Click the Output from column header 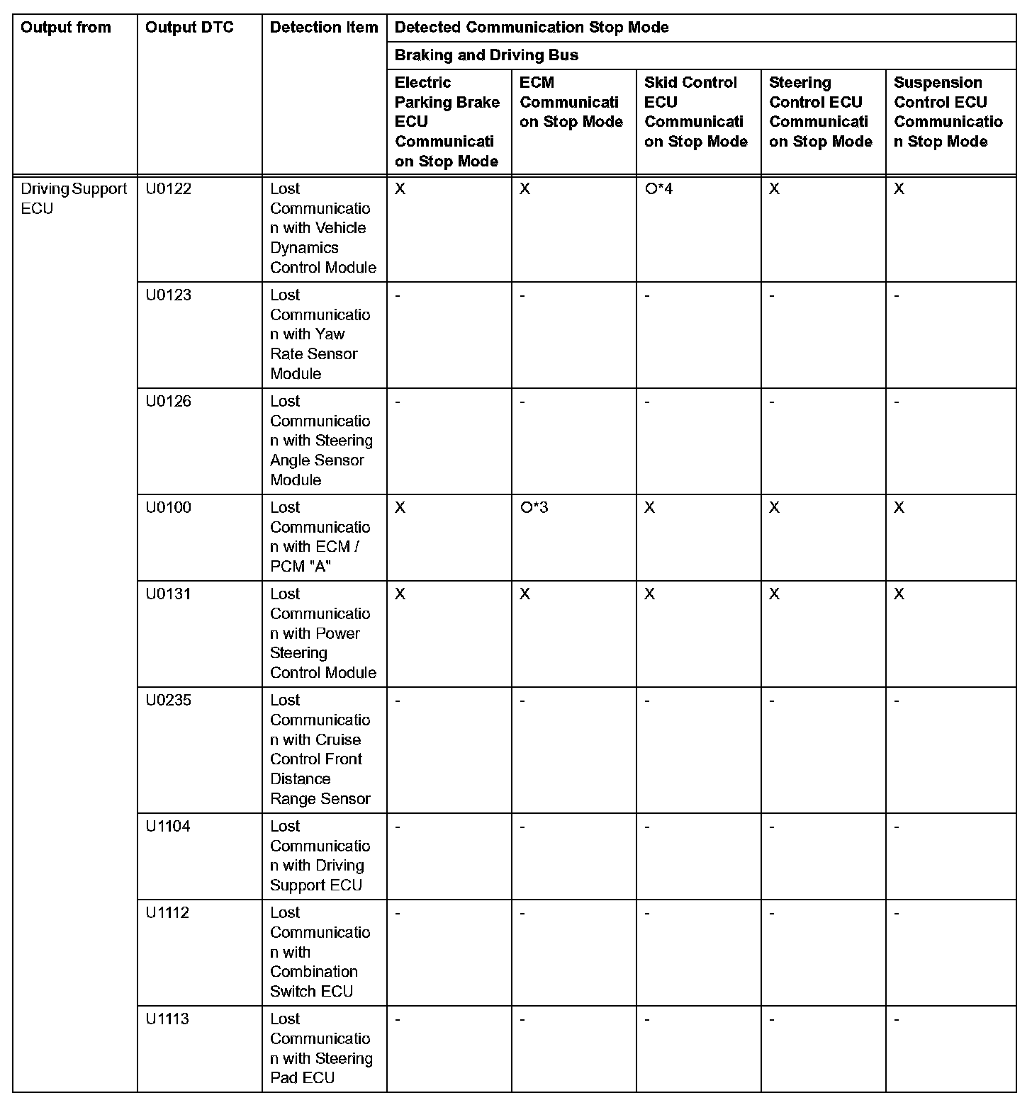coord(66,28)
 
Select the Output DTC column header coord(189,28)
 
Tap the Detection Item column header coord(324,28)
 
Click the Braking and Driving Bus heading coord(486,55)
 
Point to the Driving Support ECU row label coord(74,198)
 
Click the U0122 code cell coord(169,189)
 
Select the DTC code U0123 coord(169,295)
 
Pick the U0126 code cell coord(169,402)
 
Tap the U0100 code coord(169,508)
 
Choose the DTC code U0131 coord(169,594)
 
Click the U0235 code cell coord(169,701)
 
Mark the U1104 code coord(168,827)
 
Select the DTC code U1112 coord(168,913)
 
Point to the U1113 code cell coord(168,1019)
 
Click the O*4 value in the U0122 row coord(658,189)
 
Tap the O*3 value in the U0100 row coord(534,508)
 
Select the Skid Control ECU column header coord(695,112)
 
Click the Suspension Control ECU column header coord(948,112)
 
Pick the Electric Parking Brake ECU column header coord(447,122)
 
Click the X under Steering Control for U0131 coord(774,594)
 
